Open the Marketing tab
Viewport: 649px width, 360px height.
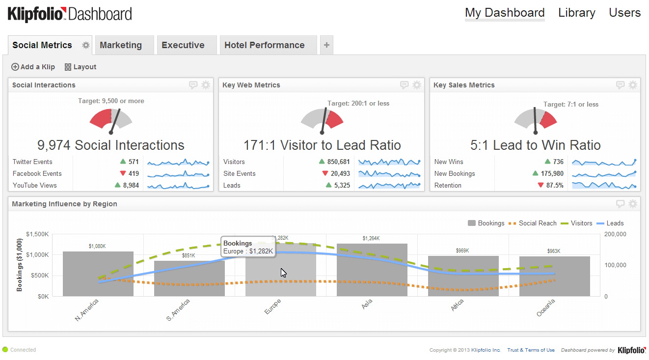(121, 45)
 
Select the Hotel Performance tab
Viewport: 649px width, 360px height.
(264, 45)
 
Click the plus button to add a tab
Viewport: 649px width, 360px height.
(326, 45)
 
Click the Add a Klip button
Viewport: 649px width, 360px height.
(33, 67)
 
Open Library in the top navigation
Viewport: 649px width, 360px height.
(576, 13)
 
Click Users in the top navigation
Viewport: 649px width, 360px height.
(624, 13)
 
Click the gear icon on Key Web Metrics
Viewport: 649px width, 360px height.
(417, 85)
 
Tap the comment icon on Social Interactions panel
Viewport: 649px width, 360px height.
(193, 85)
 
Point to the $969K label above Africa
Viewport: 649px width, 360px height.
(462, 250)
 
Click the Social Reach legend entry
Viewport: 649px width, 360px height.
(533, 223)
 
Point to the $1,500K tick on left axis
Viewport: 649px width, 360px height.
(38, 234)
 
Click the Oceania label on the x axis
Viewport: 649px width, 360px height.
(545, 307)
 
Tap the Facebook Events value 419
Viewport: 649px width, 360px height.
(133, 173)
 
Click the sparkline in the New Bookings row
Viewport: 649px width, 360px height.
(603, 173)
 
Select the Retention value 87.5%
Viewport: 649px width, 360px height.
(554, 185)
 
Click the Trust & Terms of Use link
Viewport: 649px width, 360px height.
(531, 350)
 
